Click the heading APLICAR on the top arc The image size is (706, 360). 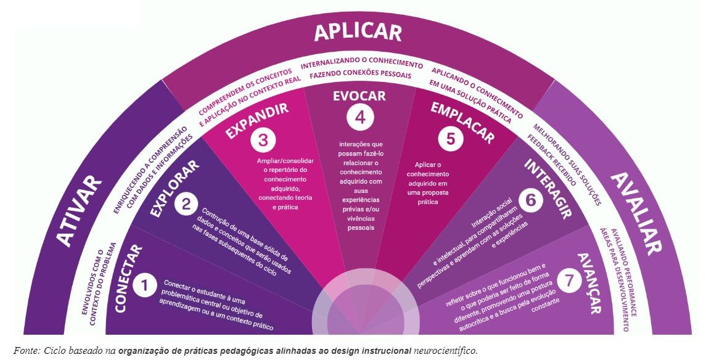tap(358, 32)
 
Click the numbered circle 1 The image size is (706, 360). tap(144, 286)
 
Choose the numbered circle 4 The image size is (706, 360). tap(358, 116)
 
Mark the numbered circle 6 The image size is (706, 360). tap(530, 200)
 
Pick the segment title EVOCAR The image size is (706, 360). tap(359, 96)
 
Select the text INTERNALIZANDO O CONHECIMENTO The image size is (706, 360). tap(362, 65)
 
